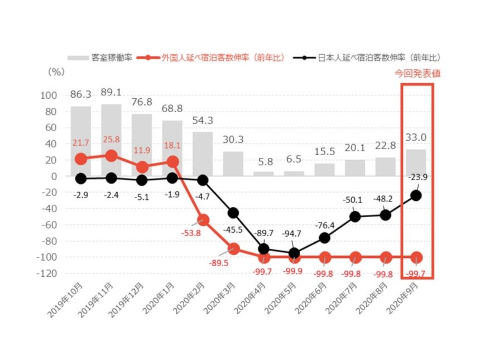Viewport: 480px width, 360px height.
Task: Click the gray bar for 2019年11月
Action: pos(111,140)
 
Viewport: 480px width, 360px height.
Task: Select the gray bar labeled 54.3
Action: pos(203,153)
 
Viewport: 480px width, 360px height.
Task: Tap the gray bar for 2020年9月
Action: pos(416,162)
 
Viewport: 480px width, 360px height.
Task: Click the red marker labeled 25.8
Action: pos(111,156)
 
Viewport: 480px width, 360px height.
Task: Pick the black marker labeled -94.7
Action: pos(294,253)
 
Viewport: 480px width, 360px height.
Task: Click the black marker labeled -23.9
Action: pos(416,195)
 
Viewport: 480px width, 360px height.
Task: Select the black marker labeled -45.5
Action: pos(233,213)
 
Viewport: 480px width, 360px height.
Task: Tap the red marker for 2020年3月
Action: pos(233,249)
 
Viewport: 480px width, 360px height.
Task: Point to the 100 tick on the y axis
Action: pos(49,95)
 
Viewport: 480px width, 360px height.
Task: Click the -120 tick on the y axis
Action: pos(47,273)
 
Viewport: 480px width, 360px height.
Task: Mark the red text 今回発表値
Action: pos(417,74)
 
